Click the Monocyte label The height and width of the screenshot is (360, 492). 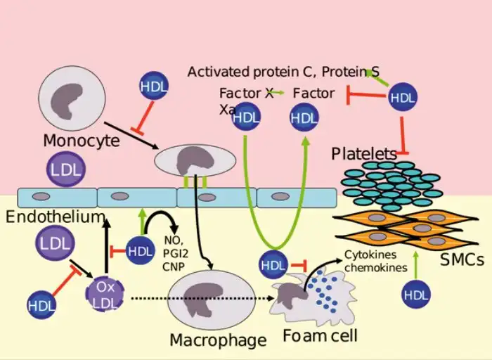coord(82,141)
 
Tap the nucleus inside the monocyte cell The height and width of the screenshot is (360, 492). coord(67,101)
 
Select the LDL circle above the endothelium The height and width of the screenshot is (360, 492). coord(66,169)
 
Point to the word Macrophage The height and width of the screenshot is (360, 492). coord(218,340)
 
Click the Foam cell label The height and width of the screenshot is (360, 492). coord(320,335)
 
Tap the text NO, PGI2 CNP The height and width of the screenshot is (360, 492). coord(176,253)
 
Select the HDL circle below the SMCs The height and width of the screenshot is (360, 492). coord(416,295)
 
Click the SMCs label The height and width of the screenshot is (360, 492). coord(462,259)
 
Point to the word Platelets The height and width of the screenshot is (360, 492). coord(364,154)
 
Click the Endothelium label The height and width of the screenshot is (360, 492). coord(56,217)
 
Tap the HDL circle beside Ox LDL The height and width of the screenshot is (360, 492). coord(41,305)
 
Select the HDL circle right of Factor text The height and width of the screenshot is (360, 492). coord(403,97)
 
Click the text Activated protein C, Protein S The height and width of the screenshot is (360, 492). coord(283,72)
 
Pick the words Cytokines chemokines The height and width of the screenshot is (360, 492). coord(375,261)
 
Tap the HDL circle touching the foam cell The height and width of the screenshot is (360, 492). coord(273,265)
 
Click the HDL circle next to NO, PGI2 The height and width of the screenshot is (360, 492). coord(140,251)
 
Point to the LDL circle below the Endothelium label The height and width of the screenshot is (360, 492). coord(56,243)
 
